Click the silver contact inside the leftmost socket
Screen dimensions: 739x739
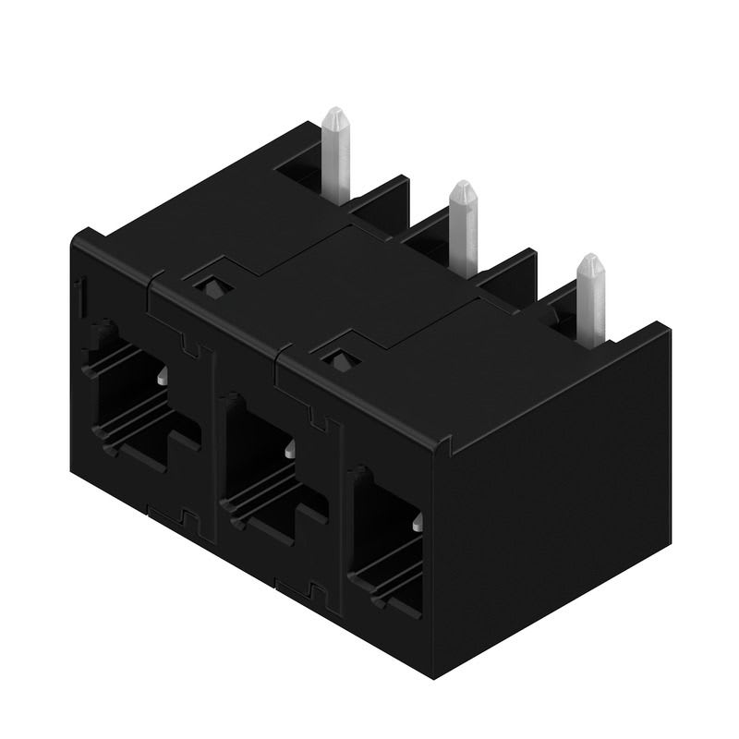[x=162, y=377]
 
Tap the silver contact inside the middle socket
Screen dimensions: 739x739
[x=290, y=451]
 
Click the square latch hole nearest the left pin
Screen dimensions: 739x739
[x=210, y=283]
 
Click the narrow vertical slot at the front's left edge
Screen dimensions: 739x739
[x=81, y=296]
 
